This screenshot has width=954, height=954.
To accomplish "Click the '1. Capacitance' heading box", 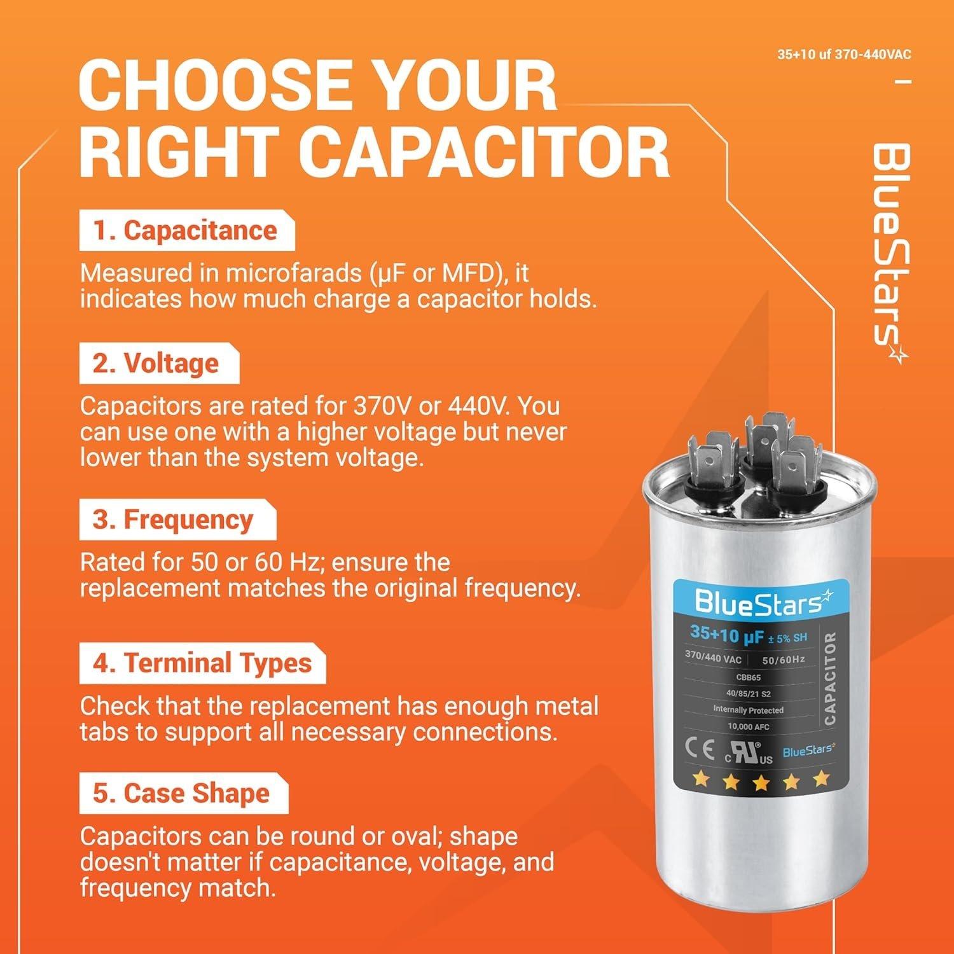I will (186, 231).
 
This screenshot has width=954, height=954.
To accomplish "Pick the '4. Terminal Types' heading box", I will (202, 663).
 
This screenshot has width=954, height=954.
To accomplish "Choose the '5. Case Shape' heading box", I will (182, 794).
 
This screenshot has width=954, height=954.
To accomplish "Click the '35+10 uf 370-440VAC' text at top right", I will (843, 55).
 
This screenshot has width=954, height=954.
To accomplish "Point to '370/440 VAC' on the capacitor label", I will (713, 657).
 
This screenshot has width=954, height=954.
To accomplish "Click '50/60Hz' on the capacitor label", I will (784, 660).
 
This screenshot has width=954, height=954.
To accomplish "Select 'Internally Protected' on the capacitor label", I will (748, 710).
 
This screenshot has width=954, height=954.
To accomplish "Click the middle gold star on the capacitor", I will (761, 782).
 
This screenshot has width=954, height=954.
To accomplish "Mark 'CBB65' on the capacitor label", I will (748, 677).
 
